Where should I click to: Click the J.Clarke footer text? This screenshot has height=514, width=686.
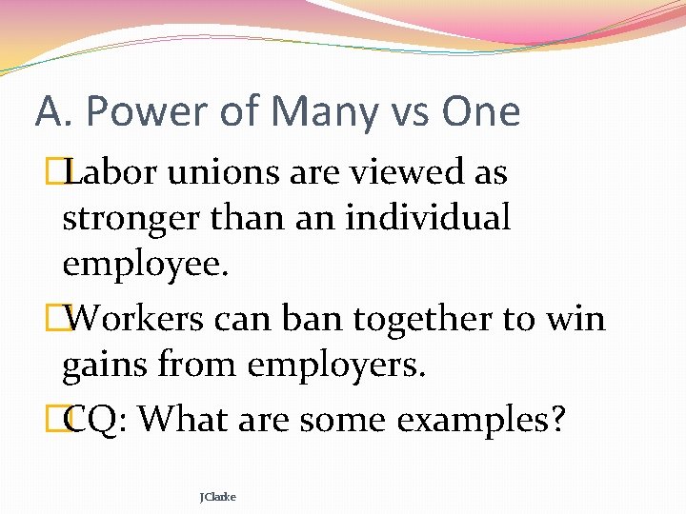(x=218, y=496)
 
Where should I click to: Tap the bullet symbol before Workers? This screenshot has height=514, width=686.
(x=64, y=318)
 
